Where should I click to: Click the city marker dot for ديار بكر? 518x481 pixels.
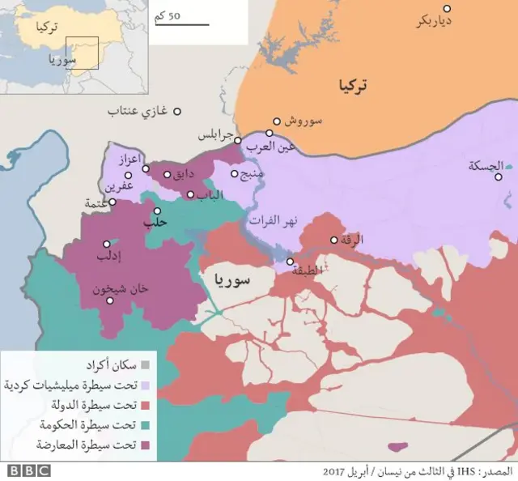pyautogui.click(x=447, y=9)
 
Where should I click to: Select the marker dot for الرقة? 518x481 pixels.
pyautogui.click(x=334, y=240)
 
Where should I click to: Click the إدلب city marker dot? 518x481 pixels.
pyautogui.click(x=106, y=244)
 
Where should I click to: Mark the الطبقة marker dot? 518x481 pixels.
pyautogui.click(x=290, y=262)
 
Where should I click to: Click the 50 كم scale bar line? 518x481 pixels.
pyautogui.click(x=182, y=24)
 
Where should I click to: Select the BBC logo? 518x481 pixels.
pyautogui.click(x=28, y=470)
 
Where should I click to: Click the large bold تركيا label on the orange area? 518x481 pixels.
pyautogui.click(x=353, y=84)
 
